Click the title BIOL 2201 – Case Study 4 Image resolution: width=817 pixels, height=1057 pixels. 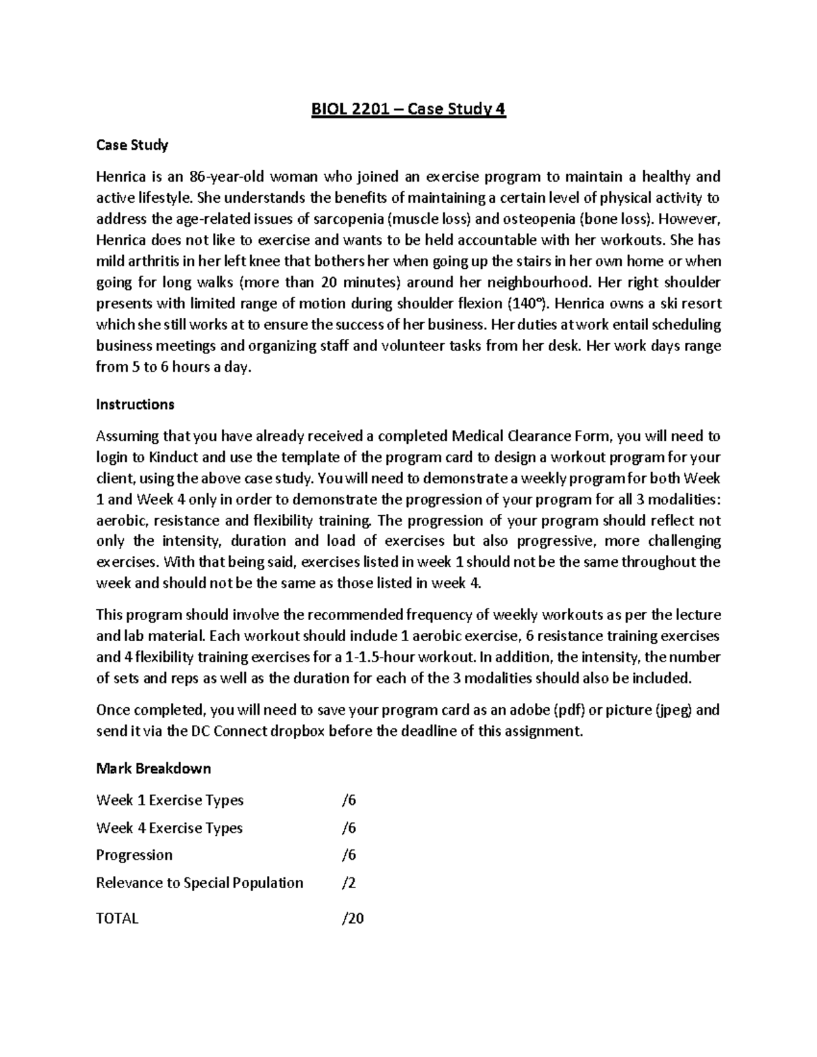408,110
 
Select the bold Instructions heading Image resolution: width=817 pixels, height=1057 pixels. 135,404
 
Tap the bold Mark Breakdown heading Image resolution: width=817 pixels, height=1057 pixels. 153,768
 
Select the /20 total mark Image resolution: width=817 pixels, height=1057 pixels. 353,918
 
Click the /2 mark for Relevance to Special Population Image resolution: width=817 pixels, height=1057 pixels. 349,883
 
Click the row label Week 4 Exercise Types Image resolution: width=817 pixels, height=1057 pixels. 170,828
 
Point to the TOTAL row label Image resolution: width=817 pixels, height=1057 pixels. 117,918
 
